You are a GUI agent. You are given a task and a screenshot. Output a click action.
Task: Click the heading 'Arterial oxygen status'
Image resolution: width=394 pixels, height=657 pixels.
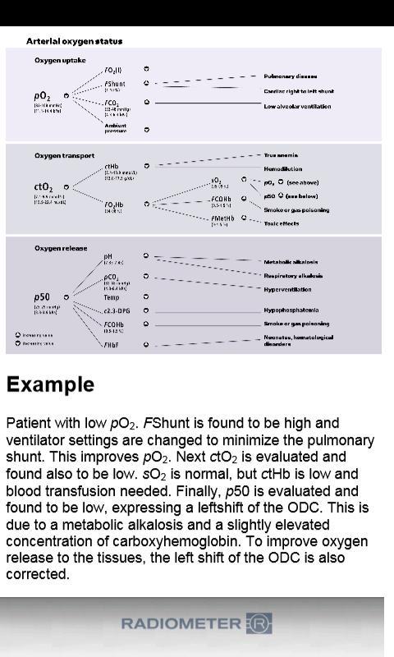tap(75, 41)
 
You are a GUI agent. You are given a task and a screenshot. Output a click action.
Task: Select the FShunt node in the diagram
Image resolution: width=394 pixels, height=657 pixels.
tap(115, 84)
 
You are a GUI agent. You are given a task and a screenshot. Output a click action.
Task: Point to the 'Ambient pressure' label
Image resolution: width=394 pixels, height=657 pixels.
tap(116, 128)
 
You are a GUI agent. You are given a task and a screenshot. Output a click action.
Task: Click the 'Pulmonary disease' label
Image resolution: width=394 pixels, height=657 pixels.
tap(291, 76)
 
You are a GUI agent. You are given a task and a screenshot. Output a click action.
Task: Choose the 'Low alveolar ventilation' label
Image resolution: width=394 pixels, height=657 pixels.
tap(297, 107)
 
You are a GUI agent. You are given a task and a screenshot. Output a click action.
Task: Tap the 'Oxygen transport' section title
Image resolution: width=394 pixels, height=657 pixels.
tap(64, 155)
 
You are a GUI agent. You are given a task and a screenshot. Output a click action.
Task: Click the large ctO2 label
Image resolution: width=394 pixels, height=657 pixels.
tap(44, 187)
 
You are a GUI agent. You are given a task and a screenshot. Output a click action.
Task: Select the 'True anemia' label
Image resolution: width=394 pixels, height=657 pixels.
tap(281, 154)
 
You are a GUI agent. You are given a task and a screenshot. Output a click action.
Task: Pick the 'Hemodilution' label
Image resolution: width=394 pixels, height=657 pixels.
tap(282, 168)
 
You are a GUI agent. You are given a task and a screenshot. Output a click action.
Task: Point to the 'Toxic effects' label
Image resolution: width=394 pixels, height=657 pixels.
tap(281, 223)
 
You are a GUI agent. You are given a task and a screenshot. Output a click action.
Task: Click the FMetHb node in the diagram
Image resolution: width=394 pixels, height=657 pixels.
tap(222, 218)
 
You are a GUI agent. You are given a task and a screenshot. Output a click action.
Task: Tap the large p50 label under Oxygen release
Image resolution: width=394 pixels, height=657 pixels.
tap(42, 296)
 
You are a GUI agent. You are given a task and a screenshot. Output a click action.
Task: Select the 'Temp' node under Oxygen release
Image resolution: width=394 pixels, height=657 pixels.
tap(112, 297)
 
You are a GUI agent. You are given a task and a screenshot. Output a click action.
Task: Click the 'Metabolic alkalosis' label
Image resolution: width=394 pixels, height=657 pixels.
tap(291, 262)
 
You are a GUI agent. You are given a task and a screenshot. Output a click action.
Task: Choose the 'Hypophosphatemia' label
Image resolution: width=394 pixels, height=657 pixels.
tap(291, 310)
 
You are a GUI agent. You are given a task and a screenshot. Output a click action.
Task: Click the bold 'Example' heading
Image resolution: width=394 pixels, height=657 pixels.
tap(50, 384)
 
